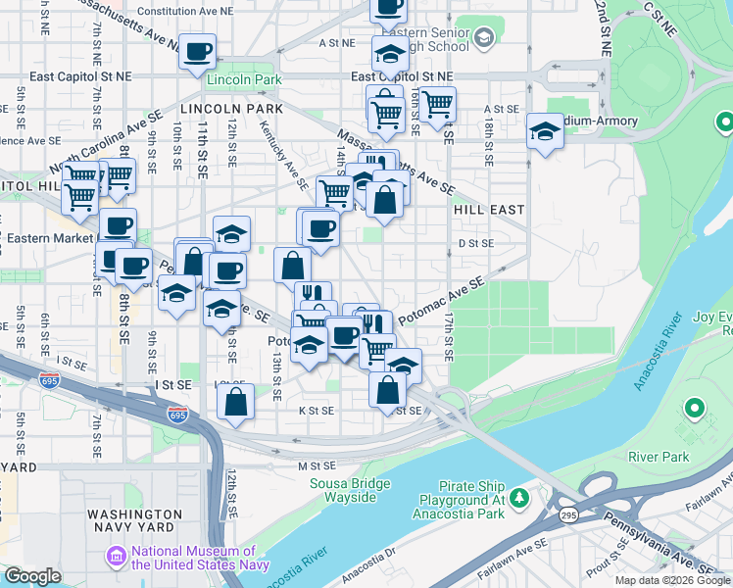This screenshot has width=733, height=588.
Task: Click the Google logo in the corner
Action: point(33,576)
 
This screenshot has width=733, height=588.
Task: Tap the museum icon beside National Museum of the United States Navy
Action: point(118,557)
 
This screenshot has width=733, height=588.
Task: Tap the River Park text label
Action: point(660,457)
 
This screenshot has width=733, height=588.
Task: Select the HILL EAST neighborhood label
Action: point(489,210)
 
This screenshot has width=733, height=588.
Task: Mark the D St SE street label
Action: point(475,242)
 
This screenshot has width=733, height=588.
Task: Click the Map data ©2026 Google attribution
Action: point(672,580)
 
